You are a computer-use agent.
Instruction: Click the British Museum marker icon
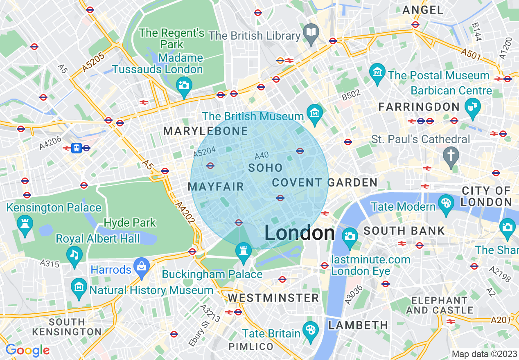[315, 112]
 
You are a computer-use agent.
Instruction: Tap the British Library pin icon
[311, 31]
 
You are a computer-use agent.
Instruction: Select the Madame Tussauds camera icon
[184, 85]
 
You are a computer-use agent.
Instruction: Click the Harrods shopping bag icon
[142, 266]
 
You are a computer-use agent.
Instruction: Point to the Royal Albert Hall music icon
[74, 254]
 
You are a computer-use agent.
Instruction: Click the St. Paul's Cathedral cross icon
[451, 155]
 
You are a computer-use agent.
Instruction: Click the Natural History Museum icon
[79, 286]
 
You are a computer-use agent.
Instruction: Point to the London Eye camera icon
[350, 236]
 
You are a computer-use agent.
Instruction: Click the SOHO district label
[265, 168]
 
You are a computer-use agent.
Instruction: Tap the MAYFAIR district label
[216, 187]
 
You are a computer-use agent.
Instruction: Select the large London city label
[299, 233]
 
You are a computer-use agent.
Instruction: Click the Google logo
[27, 350]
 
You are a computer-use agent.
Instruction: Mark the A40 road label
[262, 156]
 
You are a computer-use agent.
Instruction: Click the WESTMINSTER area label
[273, 298]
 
